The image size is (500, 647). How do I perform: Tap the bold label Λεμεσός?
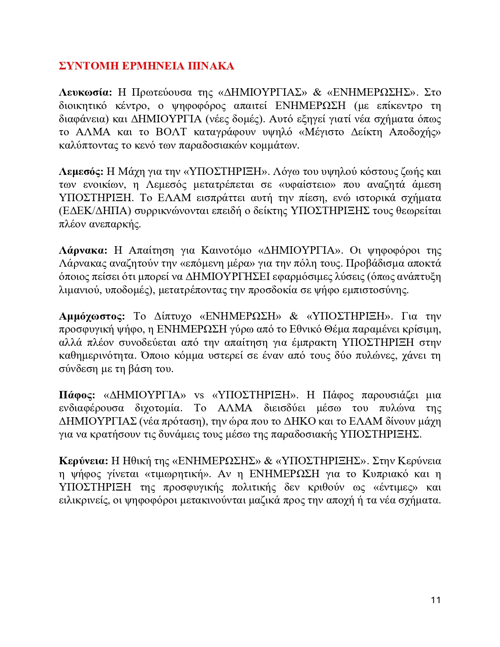(x=81, y=171)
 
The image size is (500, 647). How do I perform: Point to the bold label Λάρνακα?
(x=83, y=250)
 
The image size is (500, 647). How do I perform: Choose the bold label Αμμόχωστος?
(x=92, y=316)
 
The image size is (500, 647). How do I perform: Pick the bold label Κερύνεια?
(x=83, y=461)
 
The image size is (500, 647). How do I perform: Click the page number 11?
(x=435, y=600)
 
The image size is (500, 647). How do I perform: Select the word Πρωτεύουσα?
(x=161, y=93)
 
